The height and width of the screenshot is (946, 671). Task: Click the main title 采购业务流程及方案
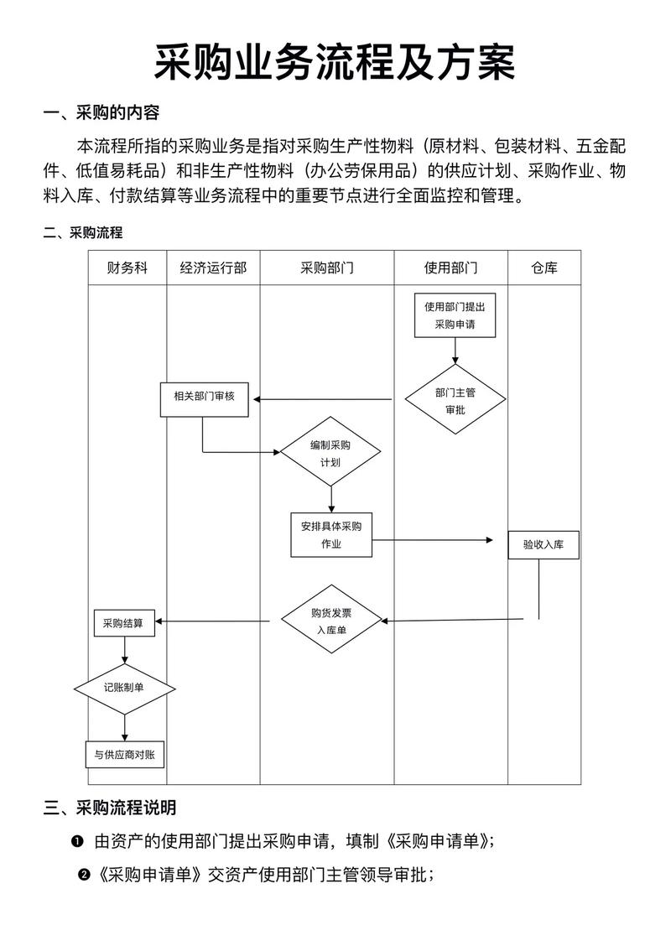(x=335, y=62)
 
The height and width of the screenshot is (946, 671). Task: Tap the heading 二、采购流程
(x=83, y=232)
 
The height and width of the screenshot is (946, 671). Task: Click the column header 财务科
(x=127, y=268)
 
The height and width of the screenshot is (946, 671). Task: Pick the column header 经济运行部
(x=213, y=268)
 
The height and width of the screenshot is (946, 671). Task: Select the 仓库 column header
(x=544, y=268)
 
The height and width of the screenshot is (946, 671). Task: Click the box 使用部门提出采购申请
(x=455, y=314)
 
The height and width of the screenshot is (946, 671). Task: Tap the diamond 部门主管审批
(x=455, y=399)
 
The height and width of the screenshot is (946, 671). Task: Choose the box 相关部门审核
(x=205, y=399)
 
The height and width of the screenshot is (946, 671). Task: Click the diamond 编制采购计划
(x=330, y=452)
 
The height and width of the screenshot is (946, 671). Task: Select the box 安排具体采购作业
(x=331, y=534)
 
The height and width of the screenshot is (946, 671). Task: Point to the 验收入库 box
(x=544, y=544)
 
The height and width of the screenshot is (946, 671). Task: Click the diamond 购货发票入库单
(x=330, y=620)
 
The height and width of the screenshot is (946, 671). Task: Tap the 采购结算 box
(x=123, y=623)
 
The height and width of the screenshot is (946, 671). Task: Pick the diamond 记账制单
(x=124, y=688)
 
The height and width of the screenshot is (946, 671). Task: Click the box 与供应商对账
(x=124, y=754)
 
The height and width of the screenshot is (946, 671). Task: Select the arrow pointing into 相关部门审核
(x=323, y=399)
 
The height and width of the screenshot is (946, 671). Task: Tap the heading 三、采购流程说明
(x=109, y=808)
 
